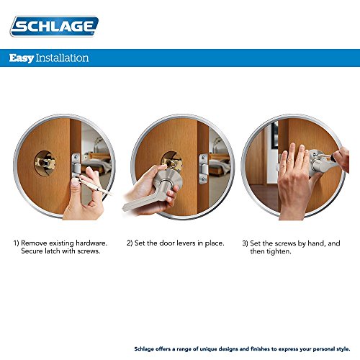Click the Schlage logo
(54, 26)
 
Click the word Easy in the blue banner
(22, 58)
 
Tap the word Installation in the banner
(62, 58)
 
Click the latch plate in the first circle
(76, 166)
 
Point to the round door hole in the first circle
(45, 163)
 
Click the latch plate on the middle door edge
(204, 168)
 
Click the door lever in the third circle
(323, 164)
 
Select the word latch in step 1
(53, 251)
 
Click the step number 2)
(130, 243)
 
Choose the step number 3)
(245, 243)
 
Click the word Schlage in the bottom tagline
(144, 349)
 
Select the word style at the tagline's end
(343, 348)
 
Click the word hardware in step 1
(91, 243)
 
